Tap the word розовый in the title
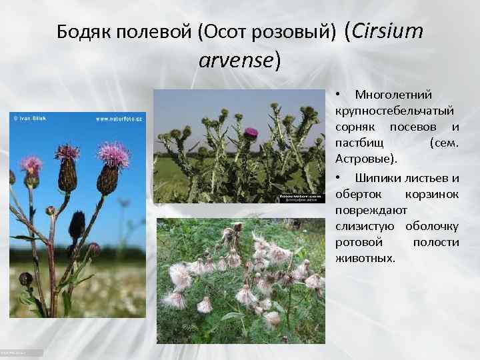pos(297,32)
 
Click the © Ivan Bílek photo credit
pos(31,119)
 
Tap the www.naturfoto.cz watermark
pos(119,119)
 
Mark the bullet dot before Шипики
pos(339,178)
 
